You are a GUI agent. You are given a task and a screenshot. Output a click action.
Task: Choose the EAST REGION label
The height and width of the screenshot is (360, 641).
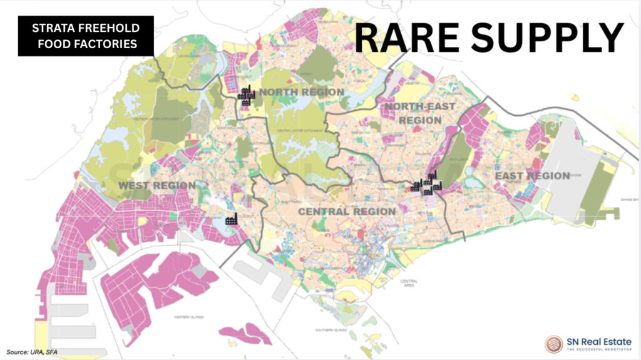pos(532,176)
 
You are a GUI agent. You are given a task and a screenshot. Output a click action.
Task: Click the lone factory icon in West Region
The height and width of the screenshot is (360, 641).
pos(231,219)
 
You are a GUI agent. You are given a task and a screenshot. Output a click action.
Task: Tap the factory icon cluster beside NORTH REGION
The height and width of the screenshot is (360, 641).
pos(247,95)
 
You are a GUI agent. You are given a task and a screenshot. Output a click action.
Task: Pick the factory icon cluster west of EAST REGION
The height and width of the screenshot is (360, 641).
pos(427,183)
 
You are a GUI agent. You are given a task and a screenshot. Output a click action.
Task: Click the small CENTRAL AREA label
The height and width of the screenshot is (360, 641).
pos(409,284)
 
